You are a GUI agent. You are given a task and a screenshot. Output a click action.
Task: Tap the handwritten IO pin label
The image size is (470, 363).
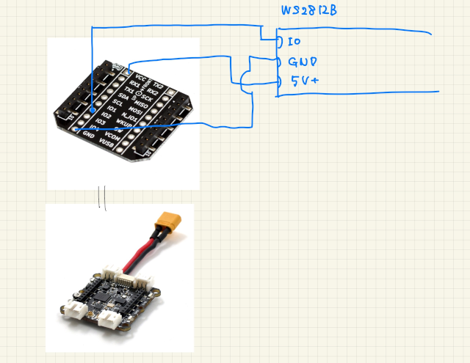(x=294, y=41)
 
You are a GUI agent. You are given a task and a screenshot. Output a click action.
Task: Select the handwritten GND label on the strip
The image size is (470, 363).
(x=303, y=63)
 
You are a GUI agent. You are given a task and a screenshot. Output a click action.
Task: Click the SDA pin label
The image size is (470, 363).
(x=123, y=96)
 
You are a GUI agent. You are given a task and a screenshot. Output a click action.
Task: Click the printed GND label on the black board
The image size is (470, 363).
(x=90, y=134)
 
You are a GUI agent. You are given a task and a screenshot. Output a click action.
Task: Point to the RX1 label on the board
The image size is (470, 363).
(x=134, y=84)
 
